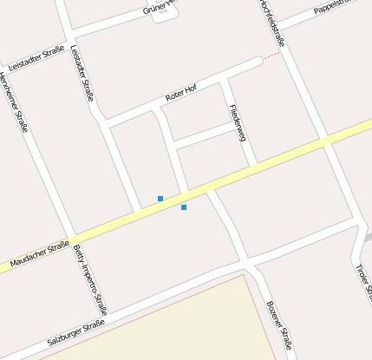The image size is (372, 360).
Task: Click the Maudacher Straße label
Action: point(40,253)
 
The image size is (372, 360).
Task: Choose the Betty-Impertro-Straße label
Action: point(90,278)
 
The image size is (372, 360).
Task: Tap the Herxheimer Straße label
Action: point(14,101)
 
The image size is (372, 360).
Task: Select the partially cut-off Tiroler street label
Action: point(362,279)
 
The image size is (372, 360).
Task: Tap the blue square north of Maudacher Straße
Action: point(160,199)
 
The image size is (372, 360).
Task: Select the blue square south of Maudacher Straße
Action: point(184,207)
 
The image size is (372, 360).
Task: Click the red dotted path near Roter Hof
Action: point(271,56)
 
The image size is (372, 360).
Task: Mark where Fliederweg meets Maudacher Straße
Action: point(252,164)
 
